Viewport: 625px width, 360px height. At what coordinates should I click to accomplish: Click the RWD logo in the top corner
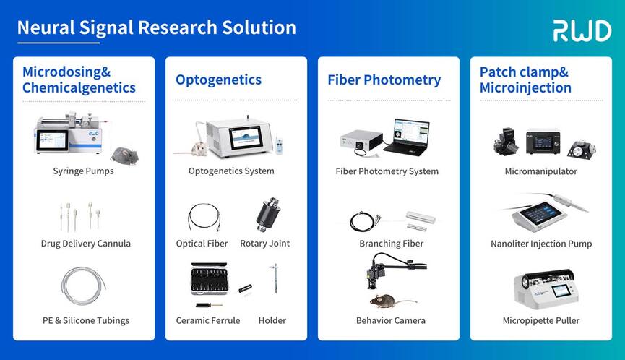coord(582,30)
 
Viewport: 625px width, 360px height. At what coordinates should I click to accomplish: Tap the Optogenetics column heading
coord(218,80)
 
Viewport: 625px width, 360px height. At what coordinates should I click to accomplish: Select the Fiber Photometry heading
coord(384,80)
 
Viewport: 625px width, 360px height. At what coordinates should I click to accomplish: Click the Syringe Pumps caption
coord(83,171)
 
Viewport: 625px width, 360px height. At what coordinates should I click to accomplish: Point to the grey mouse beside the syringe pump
coord(125,155)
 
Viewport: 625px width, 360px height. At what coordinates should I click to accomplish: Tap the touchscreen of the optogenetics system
coord(246,137)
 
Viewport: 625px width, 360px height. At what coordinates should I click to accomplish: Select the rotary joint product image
coord(268,214)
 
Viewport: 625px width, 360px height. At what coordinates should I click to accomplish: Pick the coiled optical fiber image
coord(204,218)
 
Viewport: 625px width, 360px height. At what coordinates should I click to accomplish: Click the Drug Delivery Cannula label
coord(86,244)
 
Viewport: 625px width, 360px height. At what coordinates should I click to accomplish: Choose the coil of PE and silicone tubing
coord(83,286)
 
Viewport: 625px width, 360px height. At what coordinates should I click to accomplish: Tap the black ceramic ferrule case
coord(210,278)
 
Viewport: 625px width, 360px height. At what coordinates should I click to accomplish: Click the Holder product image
coord(275,278)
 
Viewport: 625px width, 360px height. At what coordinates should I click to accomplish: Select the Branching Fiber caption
coord(391,244)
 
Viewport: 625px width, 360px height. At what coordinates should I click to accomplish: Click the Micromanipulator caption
coord(541,171)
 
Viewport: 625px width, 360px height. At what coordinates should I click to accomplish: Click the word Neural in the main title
coord(46,27)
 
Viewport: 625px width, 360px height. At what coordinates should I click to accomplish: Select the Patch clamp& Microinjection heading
coord(525,80)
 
